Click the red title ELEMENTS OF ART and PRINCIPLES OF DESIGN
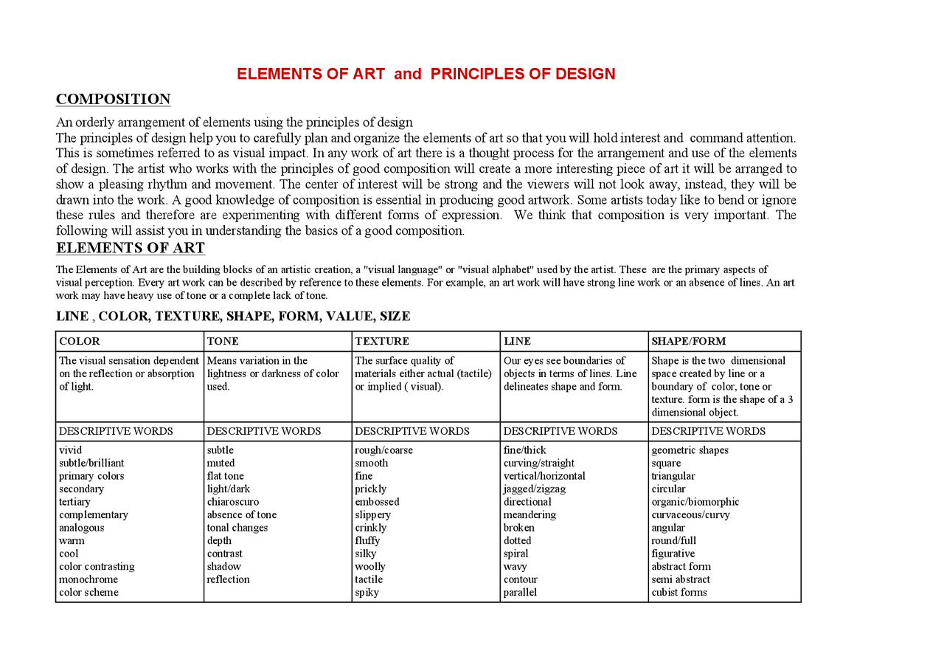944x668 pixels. coord(426,74)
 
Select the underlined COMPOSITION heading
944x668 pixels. coord(113,100)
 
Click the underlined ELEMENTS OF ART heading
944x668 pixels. coord(130,248)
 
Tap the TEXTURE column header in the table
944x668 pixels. coord(381,341)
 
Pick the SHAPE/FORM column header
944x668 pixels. coord(688,341)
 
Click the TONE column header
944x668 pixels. coord(223,341)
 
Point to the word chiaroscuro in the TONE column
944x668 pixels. coord(232,502)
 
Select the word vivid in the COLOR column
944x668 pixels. coord(70,450)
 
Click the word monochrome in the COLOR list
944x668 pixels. coord(88,579)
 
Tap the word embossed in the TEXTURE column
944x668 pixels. coord(376,502)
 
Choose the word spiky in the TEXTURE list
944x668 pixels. coord(367,593)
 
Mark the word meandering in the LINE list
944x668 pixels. coord(530,515)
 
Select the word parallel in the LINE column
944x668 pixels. coord(520,593)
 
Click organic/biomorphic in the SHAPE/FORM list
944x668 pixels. coord(695,502)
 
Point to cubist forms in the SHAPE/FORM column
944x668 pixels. coord(678,593)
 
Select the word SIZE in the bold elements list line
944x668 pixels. coord(395,317)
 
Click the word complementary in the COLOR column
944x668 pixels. coord(93,515)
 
